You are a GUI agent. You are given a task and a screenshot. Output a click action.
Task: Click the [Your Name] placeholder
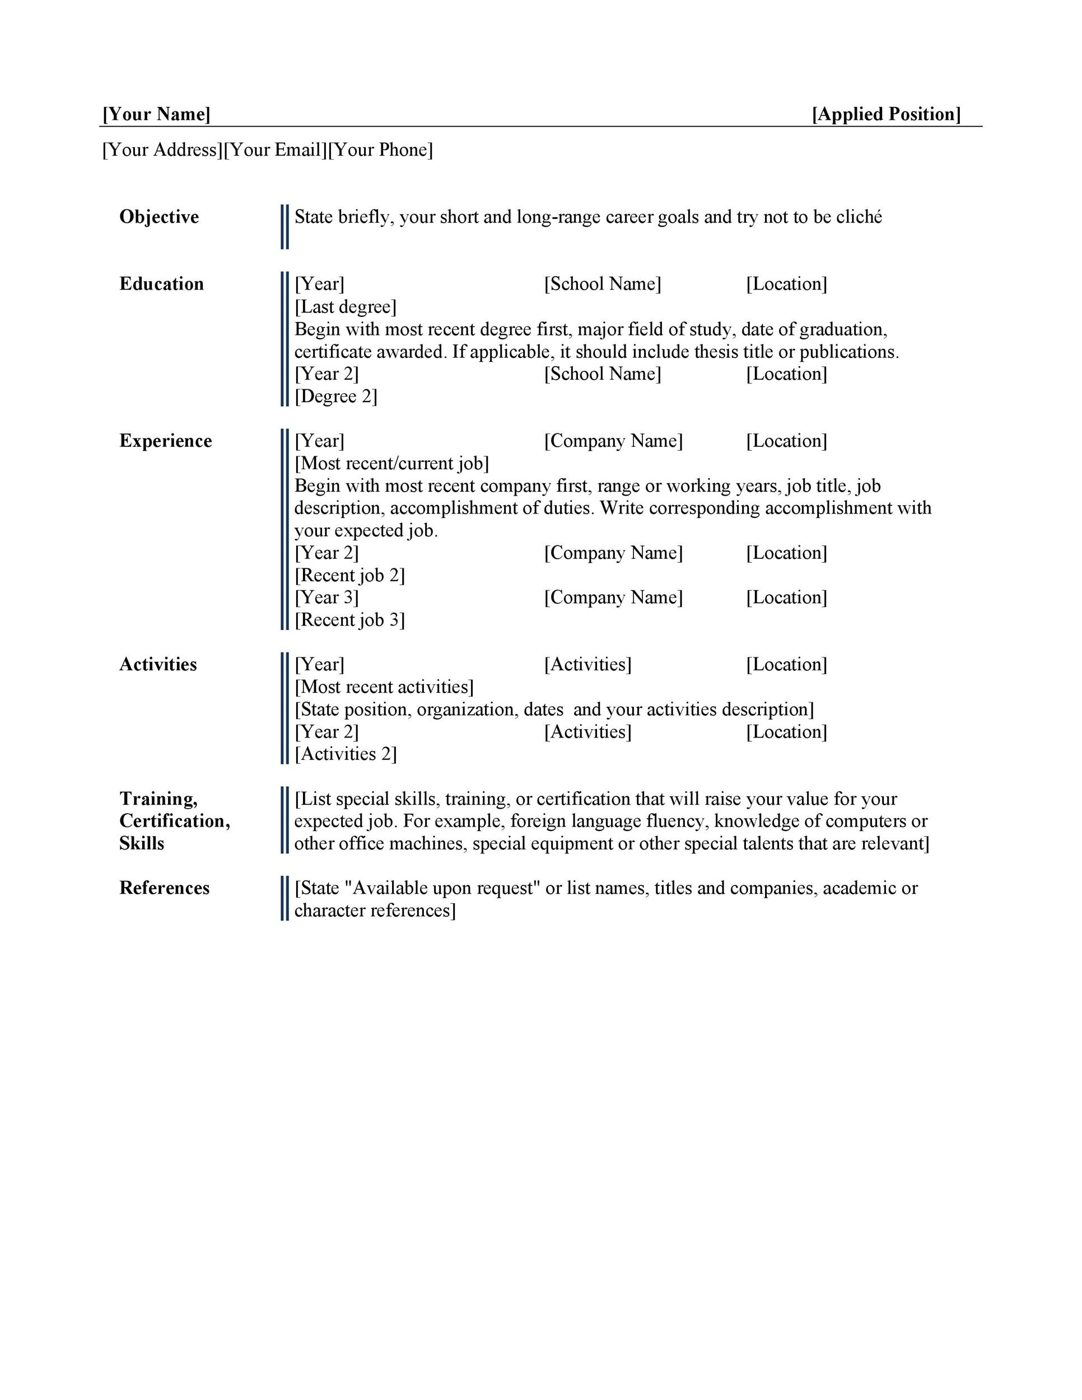tap(156, 115)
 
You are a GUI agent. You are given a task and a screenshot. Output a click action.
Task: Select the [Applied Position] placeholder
tap(886, 115)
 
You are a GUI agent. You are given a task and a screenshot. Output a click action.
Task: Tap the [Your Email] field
tap(275, 150)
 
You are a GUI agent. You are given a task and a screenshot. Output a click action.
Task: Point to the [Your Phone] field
tap(380, 150)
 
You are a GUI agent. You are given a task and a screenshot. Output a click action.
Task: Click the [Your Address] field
tap(162, 150)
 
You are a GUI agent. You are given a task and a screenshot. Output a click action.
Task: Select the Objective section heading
tap(159, 217)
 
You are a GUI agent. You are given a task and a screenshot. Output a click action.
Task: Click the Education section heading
tap(161, 284)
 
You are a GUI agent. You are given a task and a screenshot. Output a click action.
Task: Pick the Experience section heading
tap(165, 441)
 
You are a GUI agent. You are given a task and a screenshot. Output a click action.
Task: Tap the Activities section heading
tap(158, 665)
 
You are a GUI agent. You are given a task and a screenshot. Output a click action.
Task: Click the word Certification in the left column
tap(174, 821)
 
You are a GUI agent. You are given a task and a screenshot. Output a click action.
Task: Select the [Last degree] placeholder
tap(346, 307)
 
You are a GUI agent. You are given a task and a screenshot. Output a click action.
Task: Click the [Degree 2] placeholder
tap(336, 397)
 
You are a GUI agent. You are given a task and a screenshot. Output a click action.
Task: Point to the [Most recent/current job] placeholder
tap(391, 464)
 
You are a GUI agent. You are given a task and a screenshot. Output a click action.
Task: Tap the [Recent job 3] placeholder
tap(349, 620)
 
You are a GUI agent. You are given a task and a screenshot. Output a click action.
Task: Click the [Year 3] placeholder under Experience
tap(327, 598)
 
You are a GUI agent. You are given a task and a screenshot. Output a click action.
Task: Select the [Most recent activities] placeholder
tap(384, 687)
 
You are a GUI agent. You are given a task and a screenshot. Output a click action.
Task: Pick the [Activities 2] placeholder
tap(346, 754)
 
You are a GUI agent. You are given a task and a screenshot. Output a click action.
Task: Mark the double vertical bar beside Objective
tap(285, 227)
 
